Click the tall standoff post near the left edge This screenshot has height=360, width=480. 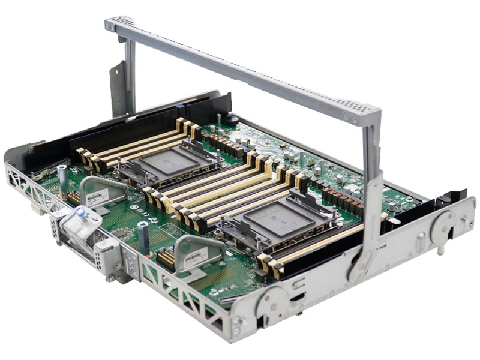point(62,178)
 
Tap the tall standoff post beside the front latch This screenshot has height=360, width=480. point(144,237)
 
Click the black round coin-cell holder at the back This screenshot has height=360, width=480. point(232,119)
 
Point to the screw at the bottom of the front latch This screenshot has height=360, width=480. point(112,277)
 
